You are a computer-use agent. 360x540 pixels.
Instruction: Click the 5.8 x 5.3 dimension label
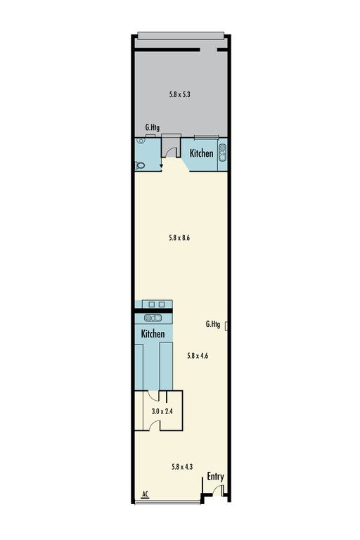(x=179, y=94)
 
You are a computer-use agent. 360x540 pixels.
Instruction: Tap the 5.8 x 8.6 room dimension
(x=179, y=238)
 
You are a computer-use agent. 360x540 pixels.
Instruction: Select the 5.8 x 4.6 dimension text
(x=198, y=356)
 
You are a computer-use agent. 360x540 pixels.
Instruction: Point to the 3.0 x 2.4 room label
(x=162, y=411)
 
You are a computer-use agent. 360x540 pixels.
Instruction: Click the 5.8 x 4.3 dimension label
(x=182, y=467)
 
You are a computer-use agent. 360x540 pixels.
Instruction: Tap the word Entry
(x=215, y=477)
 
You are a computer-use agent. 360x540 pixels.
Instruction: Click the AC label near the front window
(x=145, y=494)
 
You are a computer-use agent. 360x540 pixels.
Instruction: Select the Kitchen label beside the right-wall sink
(x=202, y=153)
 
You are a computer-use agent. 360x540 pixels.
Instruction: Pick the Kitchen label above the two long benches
(x=153, y=333)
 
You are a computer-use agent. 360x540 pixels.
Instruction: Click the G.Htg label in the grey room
(x=153, y=127)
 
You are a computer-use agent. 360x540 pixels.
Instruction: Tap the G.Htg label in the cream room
(x=213, y=324)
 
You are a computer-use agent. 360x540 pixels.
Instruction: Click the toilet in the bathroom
(x=139, y=165)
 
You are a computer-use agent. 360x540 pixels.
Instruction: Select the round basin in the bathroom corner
(x=140, y=141)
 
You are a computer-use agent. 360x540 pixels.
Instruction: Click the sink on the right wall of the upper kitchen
(x=223, y=153)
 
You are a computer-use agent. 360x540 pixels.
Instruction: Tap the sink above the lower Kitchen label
(x=153, y=318)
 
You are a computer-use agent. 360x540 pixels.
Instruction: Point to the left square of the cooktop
(x=151, y=304)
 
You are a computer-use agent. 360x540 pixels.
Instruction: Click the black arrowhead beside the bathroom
(x=161, y=167)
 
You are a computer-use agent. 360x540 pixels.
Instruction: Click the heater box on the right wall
(x=226, y=326)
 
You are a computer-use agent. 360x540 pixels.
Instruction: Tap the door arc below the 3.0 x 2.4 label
(x=153, y=424)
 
